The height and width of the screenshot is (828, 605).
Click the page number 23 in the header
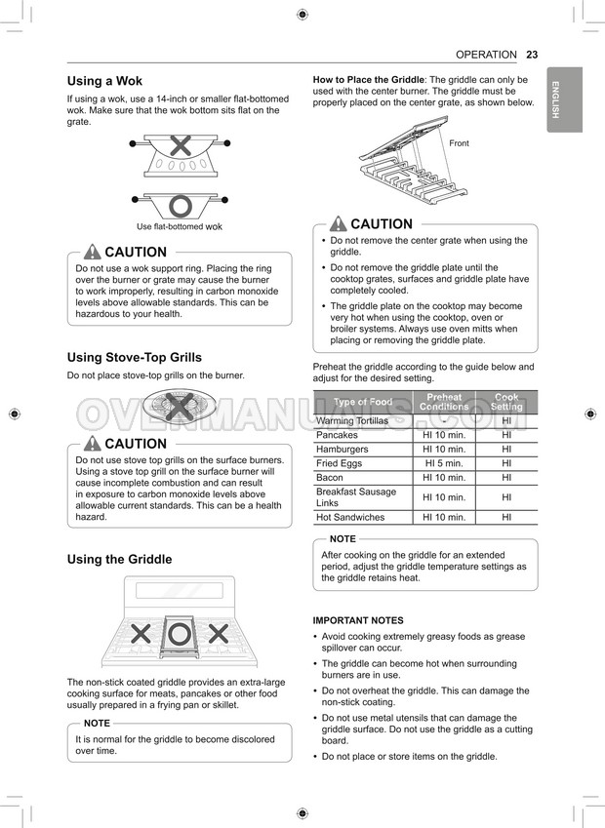pos(532,55)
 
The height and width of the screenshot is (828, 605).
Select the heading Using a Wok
pos(111,81)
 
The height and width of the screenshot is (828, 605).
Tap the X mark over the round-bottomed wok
pos(180,146)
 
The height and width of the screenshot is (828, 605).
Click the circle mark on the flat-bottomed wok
pos(180,206)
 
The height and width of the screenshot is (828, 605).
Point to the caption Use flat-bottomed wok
pos(180,226)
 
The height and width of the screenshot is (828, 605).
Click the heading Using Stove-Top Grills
pos(134,358)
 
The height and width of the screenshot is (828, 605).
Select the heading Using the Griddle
pos(119,559)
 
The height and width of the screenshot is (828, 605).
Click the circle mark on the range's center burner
pos(180,634)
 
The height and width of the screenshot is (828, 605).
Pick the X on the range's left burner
pos(141,634)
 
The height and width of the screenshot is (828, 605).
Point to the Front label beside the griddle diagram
pos(459,143)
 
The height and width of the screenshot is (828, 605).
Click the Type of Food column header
pos(362,402)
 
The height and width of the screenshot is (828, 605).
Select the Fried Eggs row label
pos(339,464)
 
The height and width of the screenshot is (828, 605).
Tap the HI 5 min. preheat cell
pos(444,464)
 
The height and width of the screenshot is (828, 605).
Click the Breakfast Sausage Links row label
pos(356,497)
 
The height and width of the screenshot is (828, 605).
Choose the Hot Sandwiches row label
pos(350,518)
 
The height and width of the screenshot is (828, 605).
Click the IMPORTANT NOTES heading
pos(357,620)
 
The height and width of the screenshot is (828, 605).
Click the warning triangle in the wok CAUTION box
pos(93,252)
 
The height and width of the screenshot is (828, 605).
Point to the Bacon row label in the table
pos(330,478)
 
